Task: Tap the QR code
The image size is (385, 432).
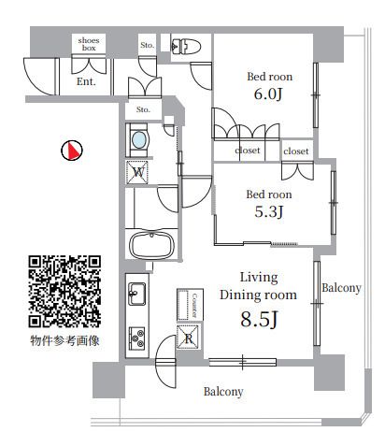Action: pos(64,290)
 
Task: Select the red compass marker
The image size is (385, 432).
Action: pos(71,150)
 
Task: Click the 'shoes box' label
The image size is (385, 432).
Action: pos(90,44)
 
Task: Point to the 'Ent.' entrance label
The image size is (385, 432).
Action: pos(87,82)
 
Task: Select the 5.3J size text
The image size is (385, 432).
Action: pos(268,211)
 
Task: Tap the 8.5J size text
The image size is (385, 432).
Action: pos(259,320)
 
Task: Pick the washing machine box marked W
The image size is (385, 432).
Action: pos(138,172)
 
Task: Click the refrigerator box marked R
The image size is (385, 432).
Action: pos(187,338)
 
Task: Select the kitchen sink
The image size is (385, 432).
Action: pos(136,293)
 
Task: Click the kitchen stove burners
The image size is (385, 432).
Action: pos(136,337)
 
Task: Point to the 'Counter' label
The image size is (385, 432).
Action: pos(194,304)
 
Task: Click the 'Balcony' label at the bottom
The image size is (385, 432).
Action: pos(223,392)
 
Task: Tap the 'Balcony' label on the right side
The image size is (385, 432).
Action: pos(341,288)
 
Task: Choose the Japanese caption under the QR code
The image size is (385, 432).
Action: pos(64,341)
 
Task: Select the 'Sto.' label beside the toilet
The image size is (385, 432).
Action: pos(147,45)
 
